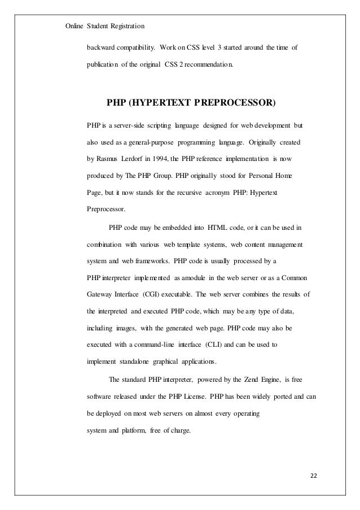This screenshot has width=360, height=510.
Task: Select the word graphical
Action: click(x=169, y=361)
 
